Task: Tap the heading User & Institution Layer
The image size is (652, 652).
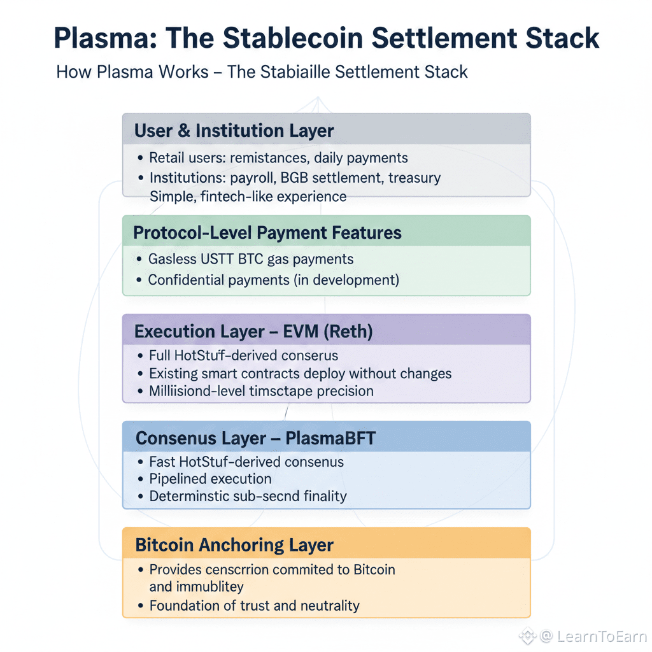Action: pyautogui.click(x=234, y=131)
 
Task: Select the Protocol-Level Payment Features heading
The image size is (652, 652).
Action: pyautogui.click(x=267, y=233)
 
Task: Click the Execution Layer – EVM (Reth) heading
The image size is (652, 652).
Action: pyautogui.click(x=253, y=332)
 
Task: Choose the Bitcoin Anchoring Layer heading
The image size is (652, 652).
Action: pyautogui.click(x=234, y=545)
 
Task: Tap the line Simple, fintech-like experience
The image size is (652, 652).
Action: pyautogui.click(x=248, y=196)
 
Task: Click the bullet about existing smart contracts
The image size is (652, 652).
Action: pyautogui.click(x=300, y=373)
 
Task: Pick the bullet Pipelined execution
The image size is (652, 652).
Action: pyautogui.click(x=210, y=479)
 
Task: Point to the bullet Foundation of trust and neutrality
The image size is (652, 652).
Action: pyautogui.click(x=254, y=606)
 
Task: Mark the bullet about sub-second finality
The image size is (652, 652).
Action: pyautogui.click(x=248, y=496)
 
